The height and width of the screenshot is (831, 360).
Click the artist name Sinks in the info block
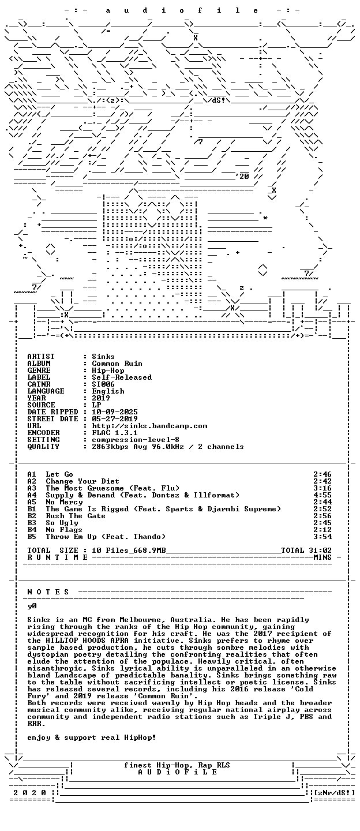pyautogui.click(x=103, y=357)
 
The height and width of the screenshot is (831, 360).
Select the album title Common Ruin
pyautogui.click(x=117, y=364)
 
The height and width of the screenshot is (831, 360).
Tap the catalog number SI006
pyautogui.click(x=103, y=384)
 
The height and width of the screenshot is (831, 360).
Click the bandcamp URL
pyautogui.click(x=149, y=426)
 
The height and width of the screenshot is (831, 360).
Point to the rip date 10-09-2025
pyautogui.click(x=115, y=412)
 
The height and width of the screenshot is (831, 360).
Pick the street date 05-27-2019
pyautogui.click(x=115, y=419)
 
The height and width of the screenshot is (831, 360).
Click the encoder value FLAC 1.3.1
pyautogui.click(x=115, y=433)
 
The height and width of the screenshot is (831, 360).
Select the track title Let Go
pyautogui.click(x=59, y=474)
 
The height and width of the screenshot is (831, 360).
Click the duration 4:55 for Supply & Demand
pyautogui.click(x=322, y=495)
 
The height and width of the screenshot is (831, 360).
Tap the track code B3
pyautogui.click(x=32, y=523)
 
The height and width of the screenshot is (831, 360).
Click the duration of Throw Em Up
pyautogui.click(x=322, y=537)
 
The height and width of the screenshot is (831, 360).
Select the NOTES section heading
pyautogui.click(x=48, y=592)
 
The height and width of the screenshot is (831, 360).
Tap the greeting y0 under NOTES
pyautogui.click(x=32, y=606)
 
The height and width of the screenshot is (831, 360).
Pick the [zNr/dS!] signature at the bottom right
pyautogui.click(x=334, y=793)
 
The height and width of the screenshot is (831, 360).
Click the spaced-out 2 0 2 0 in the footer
pyautogui.click(x=29, y=793)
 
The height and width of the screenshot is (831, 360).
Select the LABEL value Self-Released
pyautogui.click(x=122, y=377)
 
